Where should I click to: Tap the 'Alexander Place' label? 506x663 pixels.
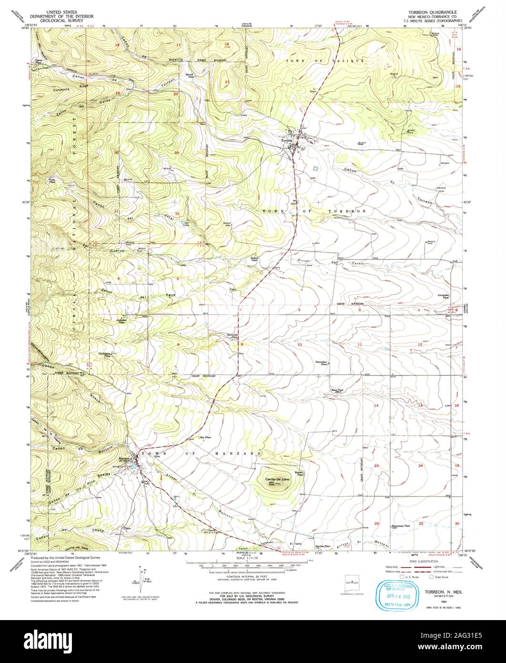[444, 296]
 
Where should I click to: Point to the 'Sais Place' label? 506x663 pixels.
[205, 437]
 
